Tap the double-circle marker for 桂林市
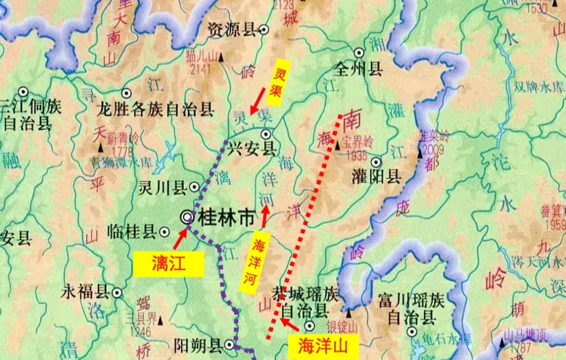[x=188, y=217]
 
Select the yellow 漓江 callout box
[x=169, y=264]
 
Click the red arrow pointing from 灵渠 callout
[x=258, y=103]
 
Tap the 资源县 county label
[x=232, y=30]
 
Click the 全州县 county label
[x=360, y=69]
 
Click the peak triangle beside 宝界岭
[x=337, y=145]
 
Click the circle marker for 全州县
[x=359, y=53]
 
